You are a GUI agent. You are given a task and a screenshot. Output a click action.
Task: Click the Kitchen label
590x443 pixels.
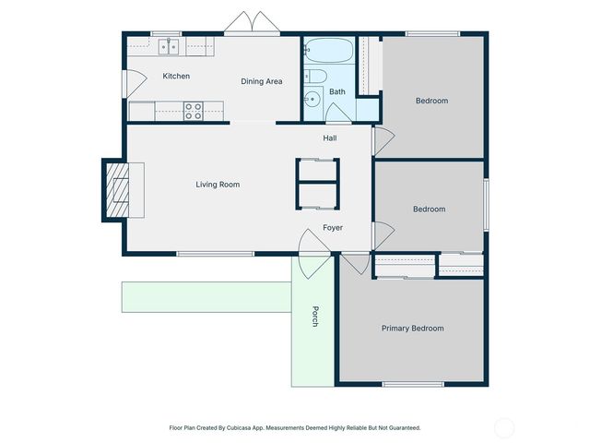[x=176, y=76]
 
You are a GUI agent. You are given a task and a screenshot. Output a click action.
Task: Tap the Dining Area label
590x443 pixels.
[x=262, y=81]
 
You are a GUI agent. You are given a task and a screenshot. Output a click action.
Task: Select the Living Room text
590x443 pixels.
[x=218, y=185]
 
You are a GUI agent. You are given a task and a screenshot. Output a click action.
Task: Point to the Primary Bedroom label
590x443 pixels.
[x=412, y=329]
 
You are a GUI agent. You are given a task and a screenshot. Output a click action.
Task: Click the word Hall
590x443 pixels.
[x=329, y=138]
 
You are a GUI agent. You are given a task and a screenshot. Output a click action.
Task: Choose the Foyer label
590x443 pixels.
[x=333, y=227]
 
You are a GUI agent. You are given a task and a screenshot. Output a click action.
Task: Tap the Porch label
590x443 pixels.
[x=314, y=317]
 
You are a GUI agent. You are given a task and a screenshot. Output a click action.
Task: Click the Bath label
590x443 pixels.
[x=337, y=91]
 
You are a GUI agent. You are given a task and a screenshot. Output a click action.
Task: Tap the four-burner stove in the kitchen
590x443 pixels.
[x=194, y=111]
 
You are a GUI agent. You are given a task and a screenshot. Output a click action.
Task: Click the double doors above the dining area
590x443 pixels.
[x=251, y=24]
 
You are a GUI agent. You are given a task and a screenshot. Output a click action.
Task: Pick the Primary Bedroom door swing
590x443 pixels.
[x=355, y=264]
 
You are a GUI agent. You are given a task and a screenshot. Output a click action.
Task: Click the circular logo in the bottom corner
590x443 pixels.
[x=504, y=427]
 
